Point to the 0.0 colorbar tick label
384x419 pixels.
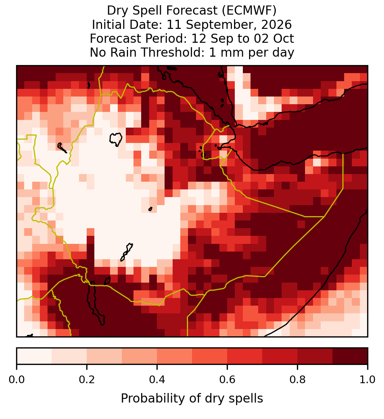(x=16, y=380)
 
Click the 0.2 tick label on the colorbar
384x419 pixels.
(x=87, y=380)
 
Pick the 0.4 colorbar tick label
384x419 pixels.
(x=157, y=380)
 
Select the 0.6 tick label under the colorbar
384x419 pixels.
(x=227, y=380)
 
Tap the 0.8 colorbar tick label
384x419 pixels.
(x=297, y=380)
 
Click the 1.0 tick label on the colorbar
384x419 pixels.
(x=368, y=380)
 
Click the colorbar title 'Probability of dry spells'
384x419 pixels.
(x=192, y=399)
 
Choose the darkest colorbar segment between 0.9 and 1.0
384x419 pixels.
(x=350, y=356)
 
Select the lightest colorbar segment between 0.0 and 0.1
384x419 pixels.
(x=34, y=356)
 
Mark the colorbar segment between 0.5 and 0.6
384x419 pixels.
(x=210, y=356)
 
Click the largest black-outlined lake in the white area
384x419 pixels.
(x=116, y=139)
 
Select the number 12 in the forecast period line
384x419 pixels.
(x=199, y=38)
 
